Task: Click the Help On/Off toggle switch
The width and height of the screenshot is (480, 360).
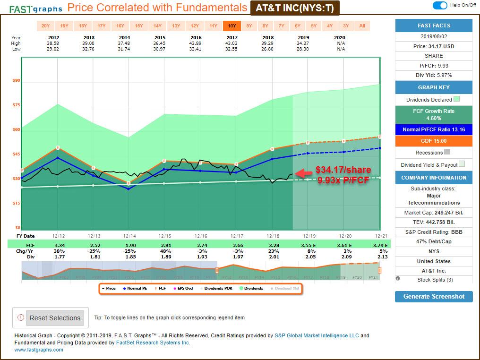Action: coord(440,5)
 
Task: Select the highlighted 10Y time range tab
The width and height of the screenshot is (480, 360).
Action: coord(232,26)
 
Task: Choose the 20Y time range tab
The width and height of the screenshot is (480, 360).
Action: coord(45,26)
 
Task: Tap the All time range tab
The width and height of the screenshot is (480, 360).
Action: coord(362,26)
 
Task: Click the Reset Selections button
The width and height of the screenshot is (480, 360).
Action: coord(55,318)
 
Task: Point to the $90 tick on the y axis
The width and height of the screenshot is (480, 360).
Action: coord(17,81)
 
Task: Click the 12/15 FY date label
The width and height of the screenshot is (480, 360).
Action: coord(164,236)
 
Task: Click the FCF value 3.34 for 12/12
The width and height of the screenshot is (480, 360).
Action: coord(60,245)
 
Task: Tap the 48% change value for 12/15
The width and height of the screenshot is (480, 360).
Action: coord(164,251)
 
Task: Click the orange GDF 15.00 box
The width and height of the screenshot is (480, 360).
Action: coord(434,141)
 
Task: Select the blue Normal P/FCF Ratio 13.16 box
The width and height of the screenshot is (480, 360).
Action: coord(434,129)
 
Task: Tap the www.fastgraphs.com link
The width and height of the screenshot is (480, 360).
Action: coord(39,350)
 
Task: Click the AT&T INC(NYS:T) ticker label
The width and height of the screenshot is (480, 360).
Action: coord(295,8)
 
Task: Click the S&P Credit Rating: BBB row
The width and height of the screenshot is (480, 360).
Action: coord(434,231)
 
